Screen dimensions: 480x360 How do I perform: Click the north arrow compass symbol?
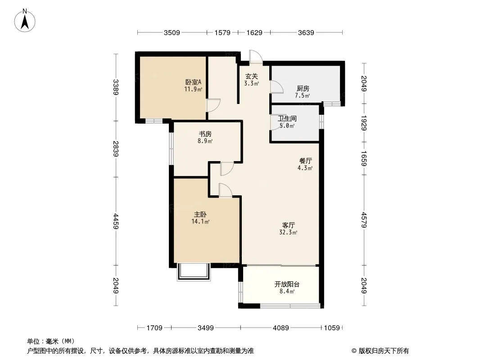coord(25,21)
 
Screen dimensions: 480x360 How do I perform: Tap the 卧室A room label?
coord(194,82)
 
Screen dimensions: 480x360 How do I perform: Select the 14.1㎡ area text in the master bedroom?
coord(200,221)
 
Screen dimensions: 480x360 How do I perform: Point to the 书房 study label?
coord(205,134)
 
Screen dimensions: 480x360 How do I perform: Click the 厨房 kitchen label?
coord(303,88)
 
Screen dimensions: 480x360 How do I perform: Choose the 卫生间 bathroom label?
coord(287,118)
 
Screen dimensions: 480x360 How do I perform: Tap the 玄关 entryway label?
coord(251,76)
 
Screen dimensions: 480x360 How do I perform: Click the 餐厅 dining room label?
coord(305,161)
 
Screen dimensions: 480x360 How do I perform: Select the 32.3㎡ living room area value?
coord(288,233)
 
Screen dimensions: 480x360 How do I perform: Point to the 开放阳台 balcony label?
coord(287,284)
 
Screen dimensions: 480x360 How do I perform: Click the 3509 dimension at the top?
coord(172,32)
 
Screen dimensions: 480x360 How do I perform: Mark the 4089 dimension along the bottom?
coord(281,328)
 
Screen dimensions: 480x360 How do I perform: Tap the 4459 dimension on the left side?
coord(116,221)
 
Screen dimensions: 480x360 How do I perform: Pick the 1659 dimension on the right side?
coord(364,158)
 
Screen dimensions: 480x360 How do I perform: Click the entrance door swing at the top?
coord(256,57)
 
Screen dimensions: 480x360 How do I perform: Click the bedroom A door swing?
coord(213,105)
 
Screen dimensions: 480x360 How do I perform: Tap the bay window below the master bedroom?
coord(194,272)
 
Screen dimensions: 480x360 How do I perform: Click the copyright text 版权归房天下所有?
coord(384,351)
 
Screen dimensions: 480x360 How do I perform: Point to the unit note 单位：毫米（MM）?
coord(51,341)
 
